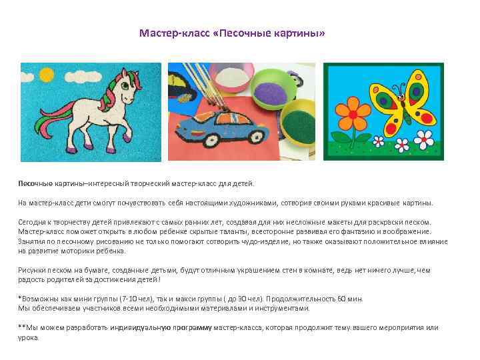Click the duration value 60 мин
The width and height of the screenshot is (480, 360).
[355, 299]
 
